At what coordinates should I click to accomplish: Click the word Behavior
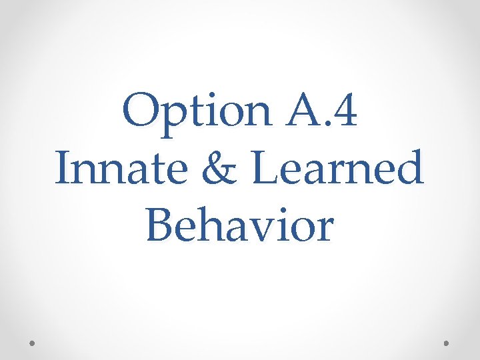click(239, 225)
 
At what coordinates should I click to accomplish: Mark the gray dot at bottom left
click(33, 343)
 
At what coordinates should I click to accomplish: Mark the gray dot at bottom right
click(447, 343)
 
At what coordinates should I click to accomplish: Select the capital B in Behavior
click(160, 225)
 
